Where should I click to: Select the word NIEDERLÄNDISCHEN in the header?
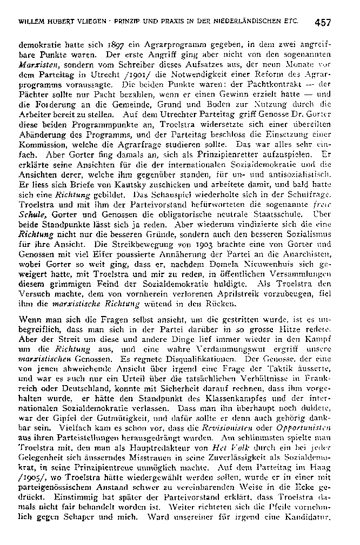tap(248, 23)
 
